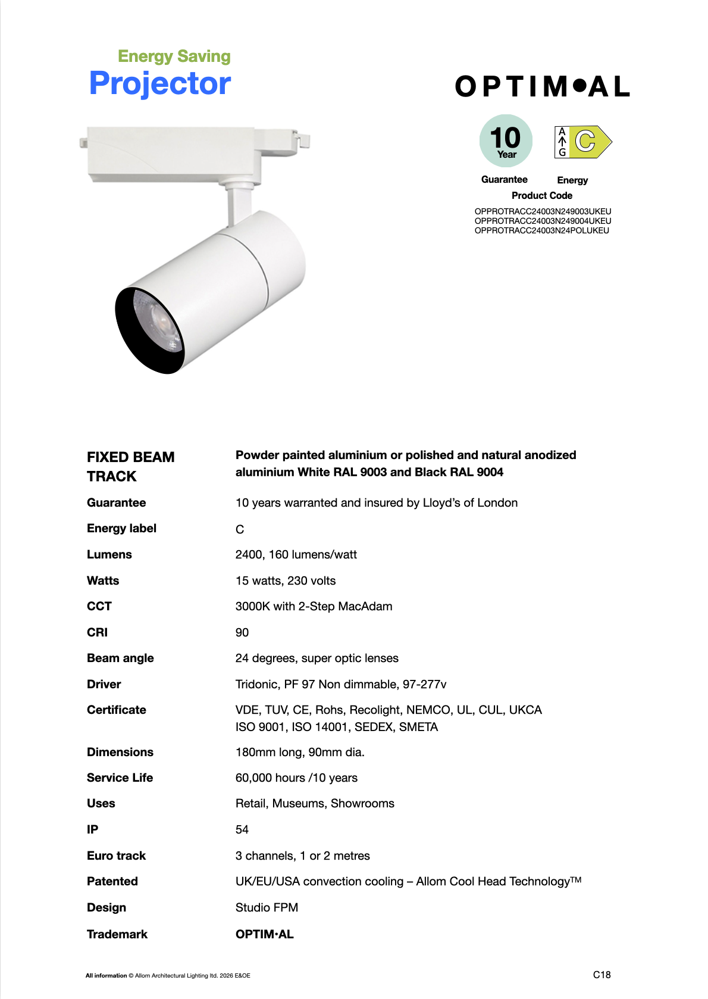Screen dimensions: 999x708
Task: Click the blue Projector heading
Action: (x=159, y=83)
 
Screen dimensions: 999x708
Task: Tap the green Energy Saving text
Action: (x=174, y=57)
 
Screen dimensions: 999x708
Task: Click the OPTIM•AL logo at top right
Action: (x=542, y=87)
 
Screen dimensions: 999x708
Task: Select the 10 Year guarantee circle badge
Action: (x=506, y=141)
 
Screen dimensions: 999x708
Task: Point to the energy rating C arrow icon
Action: (x=583, y=142)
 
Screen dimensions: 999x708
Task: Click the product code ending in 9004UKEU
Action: (x=543, y=221)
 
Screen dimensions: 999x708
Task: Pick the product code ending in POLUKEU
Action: (x=541, y=230)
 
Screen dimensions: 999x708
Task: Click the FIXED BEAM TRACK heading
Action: (x=131, y=466)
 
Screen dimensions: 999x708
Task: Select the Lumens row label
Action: (x=109, y=554)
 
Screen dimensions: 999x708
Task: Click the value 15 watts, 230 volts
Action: (x=286, y=580)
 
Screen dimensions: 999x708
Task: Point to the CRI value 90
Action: (x=242, y=632)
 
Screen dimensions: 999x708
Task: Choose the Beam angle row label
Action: (x=120, y=658)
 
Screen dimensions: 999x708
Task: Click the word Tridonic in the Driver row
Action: (x=256, y=684)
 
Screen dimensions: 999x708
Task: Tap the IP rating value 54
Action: (x=242, y=829)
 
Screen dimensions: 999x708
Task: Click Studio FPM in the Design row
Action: (x=267, y=907)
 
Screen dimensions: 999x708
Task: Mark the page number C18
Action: (x=602, y=975)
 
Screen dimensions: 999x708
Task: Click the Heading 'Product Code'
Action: (x=541, y=195)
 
